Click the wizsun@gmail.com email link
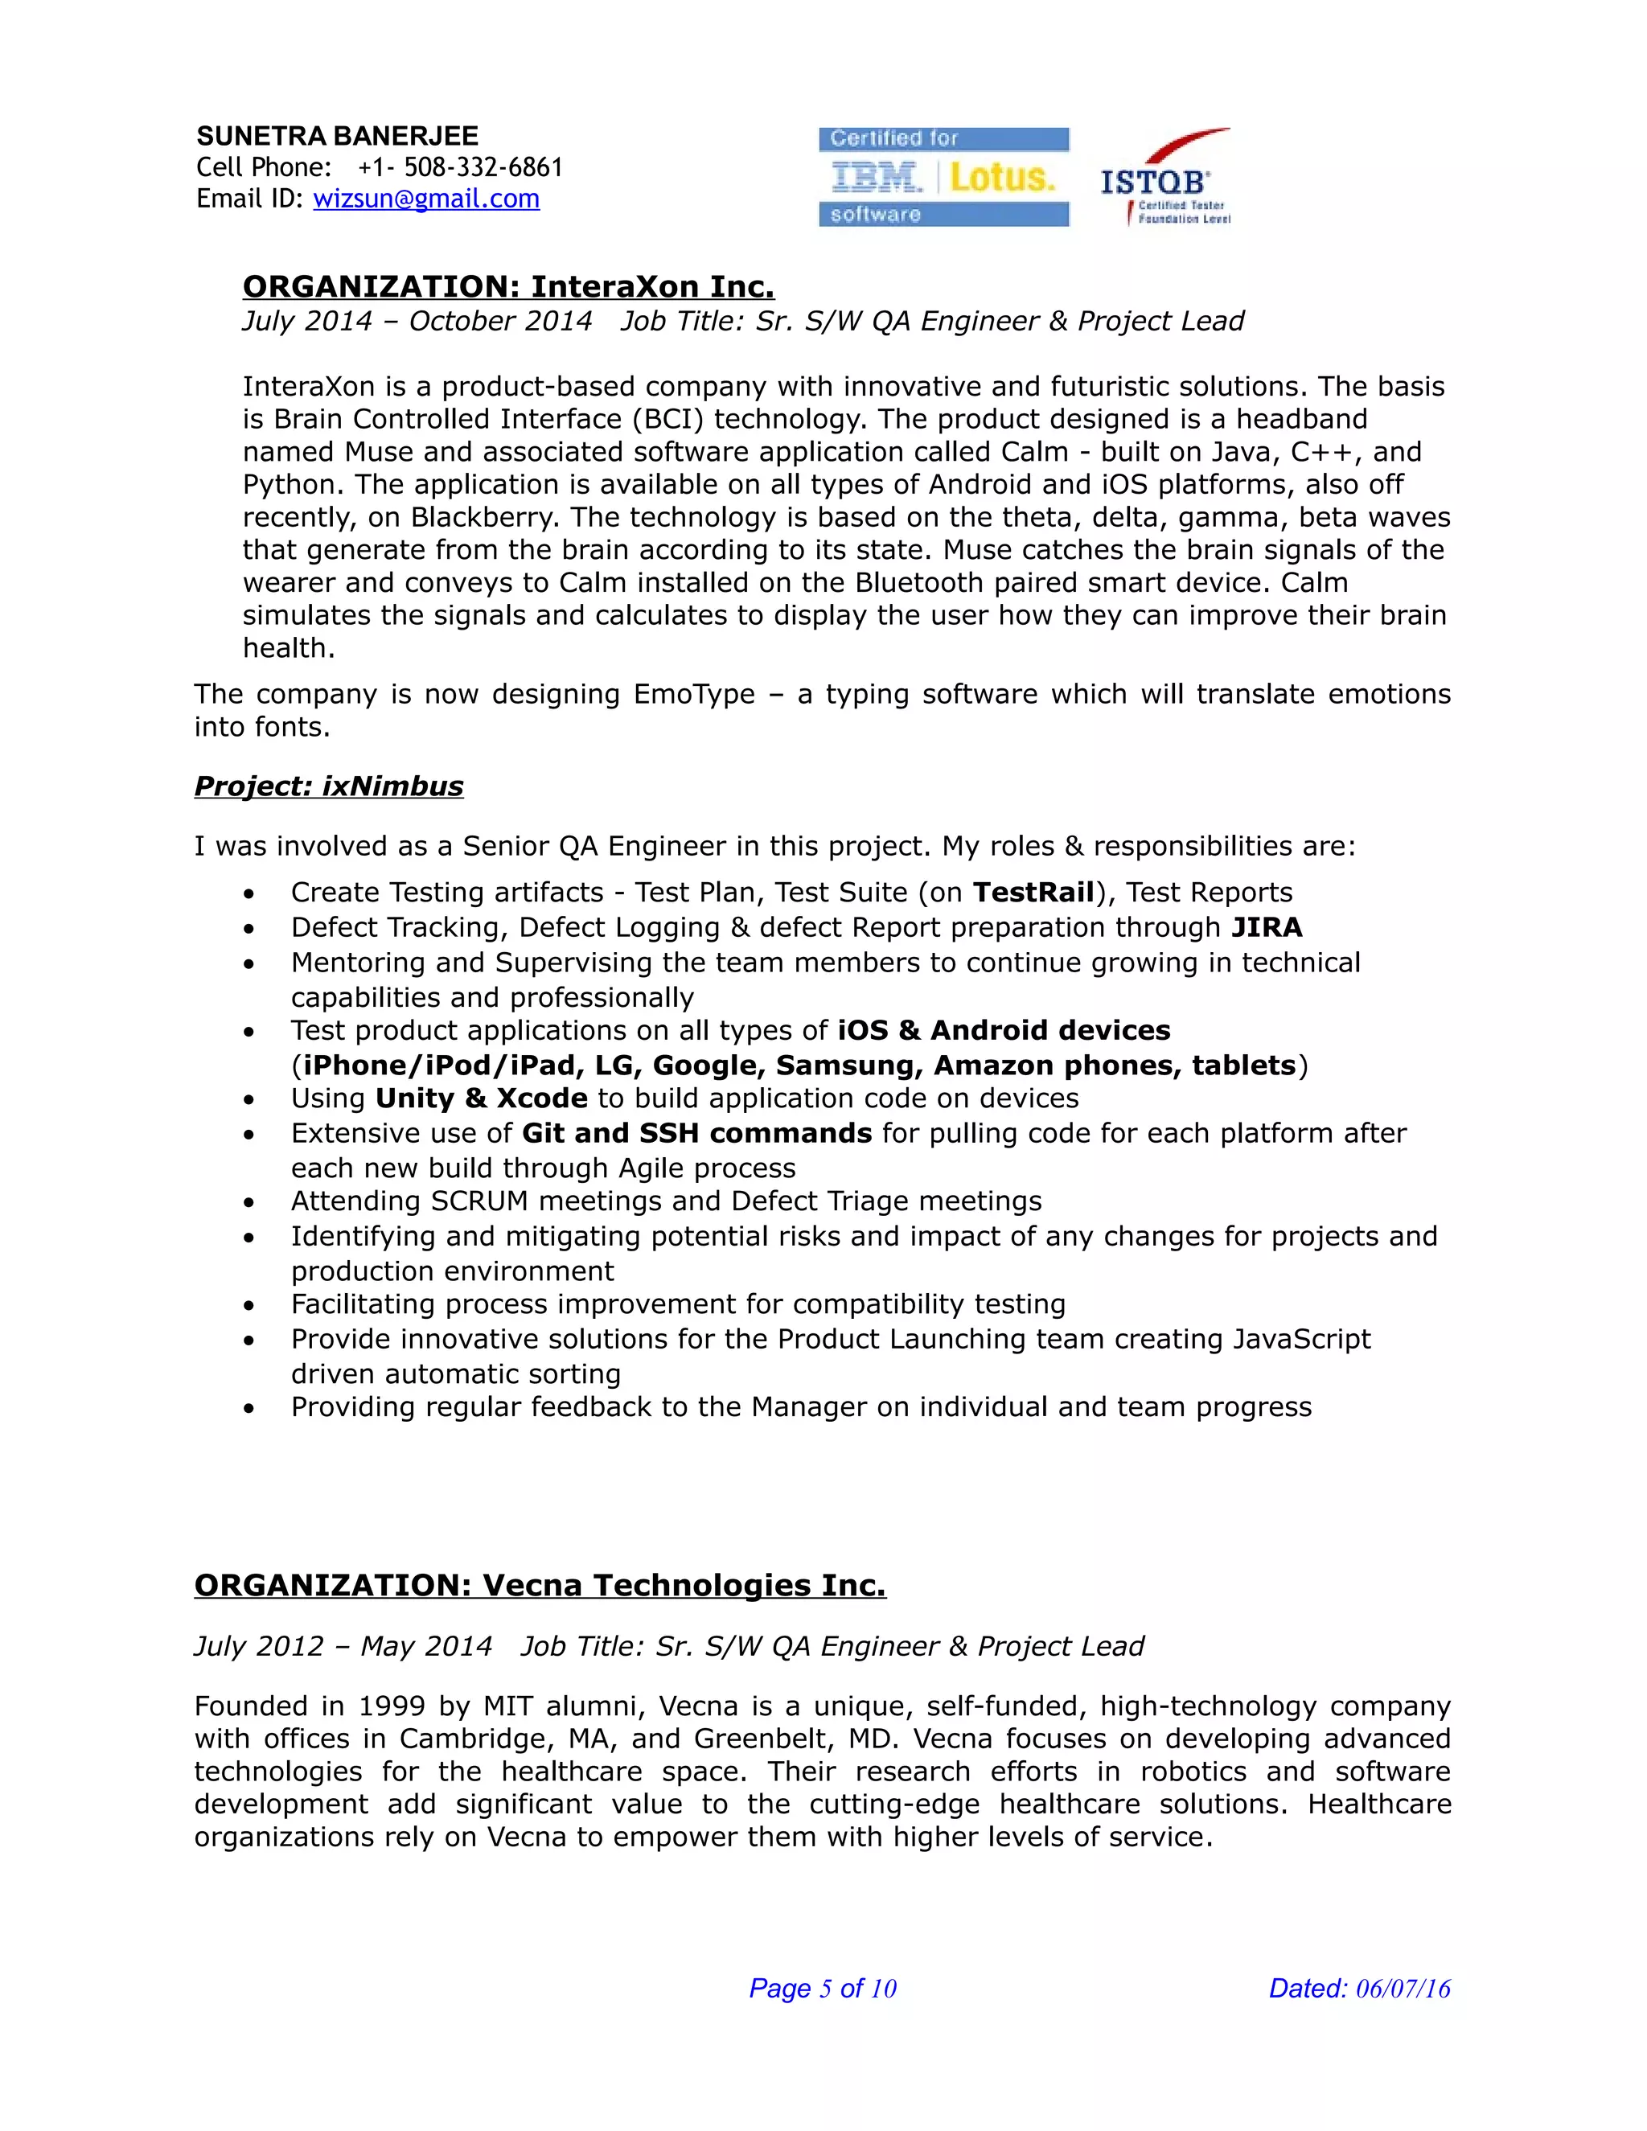(425, 199)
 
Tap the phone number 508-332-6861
(483, 168)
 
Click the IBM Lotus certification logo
(943, 177)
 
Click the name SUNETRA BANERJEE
(338, 136)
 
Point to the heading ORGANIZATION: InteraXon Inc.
(508, 287)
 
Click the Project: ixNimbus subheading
(329, 786)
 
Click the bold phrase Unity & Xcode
(481, 1098)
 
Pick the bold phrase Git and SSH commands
(696, 1134)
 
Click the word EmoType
(694, 695)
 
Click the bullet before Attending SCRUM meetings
(250, 1203)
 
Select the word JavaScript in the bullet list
(1300, 1340)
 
